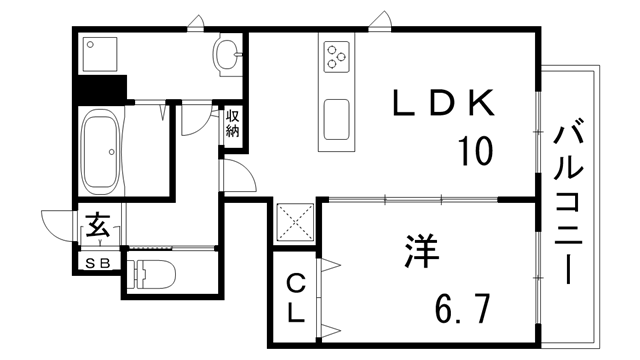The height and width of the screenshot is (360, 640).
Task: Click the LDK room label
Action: [x=442, y=102]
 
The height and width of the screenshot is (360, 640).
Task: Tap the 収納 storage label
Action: [x=233, y=123]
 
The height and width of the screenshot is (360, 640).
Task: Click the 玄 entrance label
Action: [x=97, y=226]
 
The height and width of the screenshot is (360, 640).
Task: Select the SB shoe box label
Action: [x=98, y=262]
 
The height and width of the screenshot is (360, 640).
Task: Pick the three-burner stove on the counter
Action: [x=335, y=58]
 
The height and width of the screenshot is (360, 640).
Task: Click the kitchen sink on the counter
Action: [x=336, y=120]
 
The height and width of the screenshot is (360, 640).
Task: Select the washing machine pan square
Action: [x=101, y=56]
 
